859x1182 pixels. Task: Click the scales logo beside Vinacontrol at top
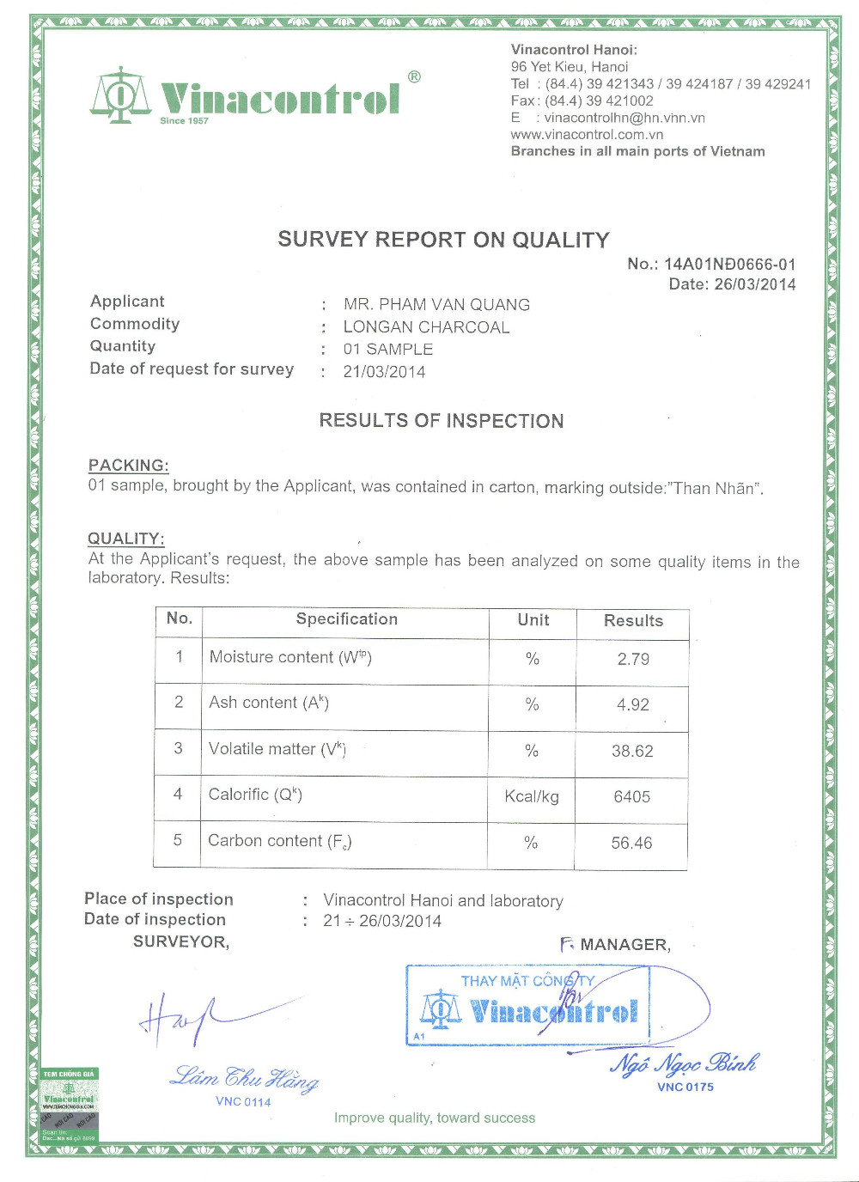tap(121, 94)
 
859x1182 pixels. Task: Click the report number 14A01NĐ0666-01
tap(729, 265)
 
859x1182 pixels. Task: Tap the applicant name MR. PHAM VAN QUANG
tap(436, 304)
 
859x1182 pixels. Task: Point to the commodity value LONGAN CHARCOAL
tap(426, 327)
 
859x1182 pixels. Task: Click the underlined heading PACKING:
tap(129, 466)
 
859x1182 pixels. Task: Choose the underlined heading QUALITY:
tap(126, 539)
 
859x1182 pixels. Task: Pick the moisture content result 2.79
tap(633, 660)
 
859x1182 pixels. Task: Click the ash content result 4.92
tap(633, 705)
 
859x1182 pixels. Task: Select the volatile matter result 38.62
tap(632, 752)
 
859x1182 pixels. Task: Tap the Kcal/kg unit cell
tap(532, 797)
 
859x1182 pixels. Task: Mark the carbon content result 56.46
tap(631, 844)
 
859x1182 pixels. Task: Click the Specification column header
tap(347, 619)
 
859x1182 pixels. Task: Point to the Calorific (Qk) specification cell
tap(255, 795)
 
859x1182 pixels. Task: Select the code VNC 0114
tap(243, 1102)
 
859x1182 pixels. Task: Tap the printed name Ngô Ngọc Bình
tap(685, 1064)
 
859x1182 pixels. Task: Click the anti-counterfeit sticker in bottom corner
tap(70, 1106)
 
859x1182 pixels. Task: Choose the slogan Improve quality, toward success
tap(435, 1118)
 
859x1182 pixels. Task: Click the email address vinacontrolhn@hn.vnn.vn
tap(624, 118)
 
